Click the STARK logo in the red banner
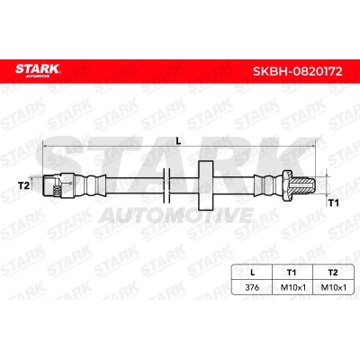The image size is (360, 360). pos(38,70)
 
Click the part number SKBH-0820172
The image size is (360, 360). pos(298,71)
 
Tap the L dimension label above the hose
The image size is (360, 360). pos(179,140)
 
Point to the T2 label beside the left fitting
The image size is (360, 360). pos(24,185)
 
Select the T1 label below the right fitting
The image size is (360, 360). pos(333,203)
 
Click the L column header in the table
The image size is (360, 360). pos(253,273)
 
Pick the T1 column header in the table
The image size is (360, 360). pos(292,273)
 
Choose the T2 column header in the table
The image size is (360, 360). pos(333,273)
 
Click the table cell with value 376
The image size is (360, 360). pos(252,287)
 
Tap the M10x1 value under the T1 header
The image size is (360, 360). pos(292,287)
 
